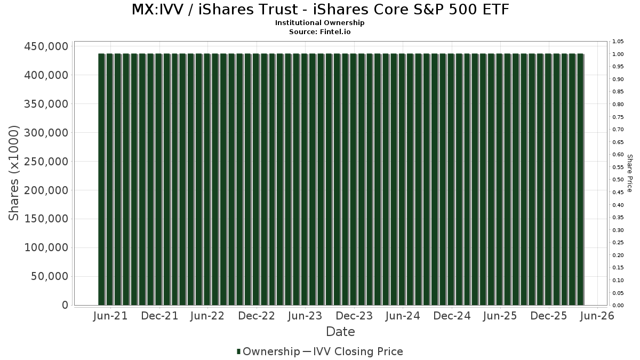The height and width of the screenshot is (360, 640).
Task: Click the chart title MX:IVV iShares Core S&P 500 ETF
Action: click(x=320, y=10)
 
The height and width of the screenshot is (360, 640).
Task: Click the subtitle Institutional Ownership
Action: click(x=320, y=23)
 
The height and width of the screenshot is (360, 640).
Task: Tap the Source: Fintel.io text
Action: click(x=320, y=32)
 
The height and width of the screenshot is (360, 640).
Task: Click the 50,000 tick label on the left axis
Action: click(x=47, y=276)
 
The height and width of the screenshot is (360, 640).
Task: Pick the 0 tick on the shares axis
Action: click(x=65, y=305)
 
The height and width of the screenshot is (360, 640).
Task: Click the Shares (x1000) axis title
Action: click(x=14, y=173)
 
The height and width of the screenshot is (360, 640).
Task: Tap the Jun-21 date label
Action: click(x=110, y=316)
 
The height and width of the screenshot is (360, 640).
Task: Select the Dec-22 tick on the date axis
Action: click(x=257, y=316)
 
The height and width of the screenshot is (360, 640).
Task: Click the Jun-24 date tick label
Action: click(x=403, y=316)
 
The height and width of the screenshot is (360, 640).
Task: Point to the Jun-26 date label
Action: click(x=597, y=316)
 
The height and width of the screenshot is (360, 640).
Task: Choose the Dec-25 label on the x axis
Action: click(x=549, y=316)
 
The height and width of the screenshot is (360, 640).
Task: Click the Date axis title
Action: click(x=340, y=332)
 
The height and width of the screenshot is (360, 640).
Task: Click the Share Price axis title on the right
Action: click(x=630, y=173)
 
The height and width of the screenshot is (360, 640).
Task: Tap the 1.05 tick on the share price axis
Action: click(x=618, y=42)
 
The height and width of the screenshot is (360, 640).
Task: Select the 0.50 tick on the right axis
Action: click(x=618, y=180)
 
